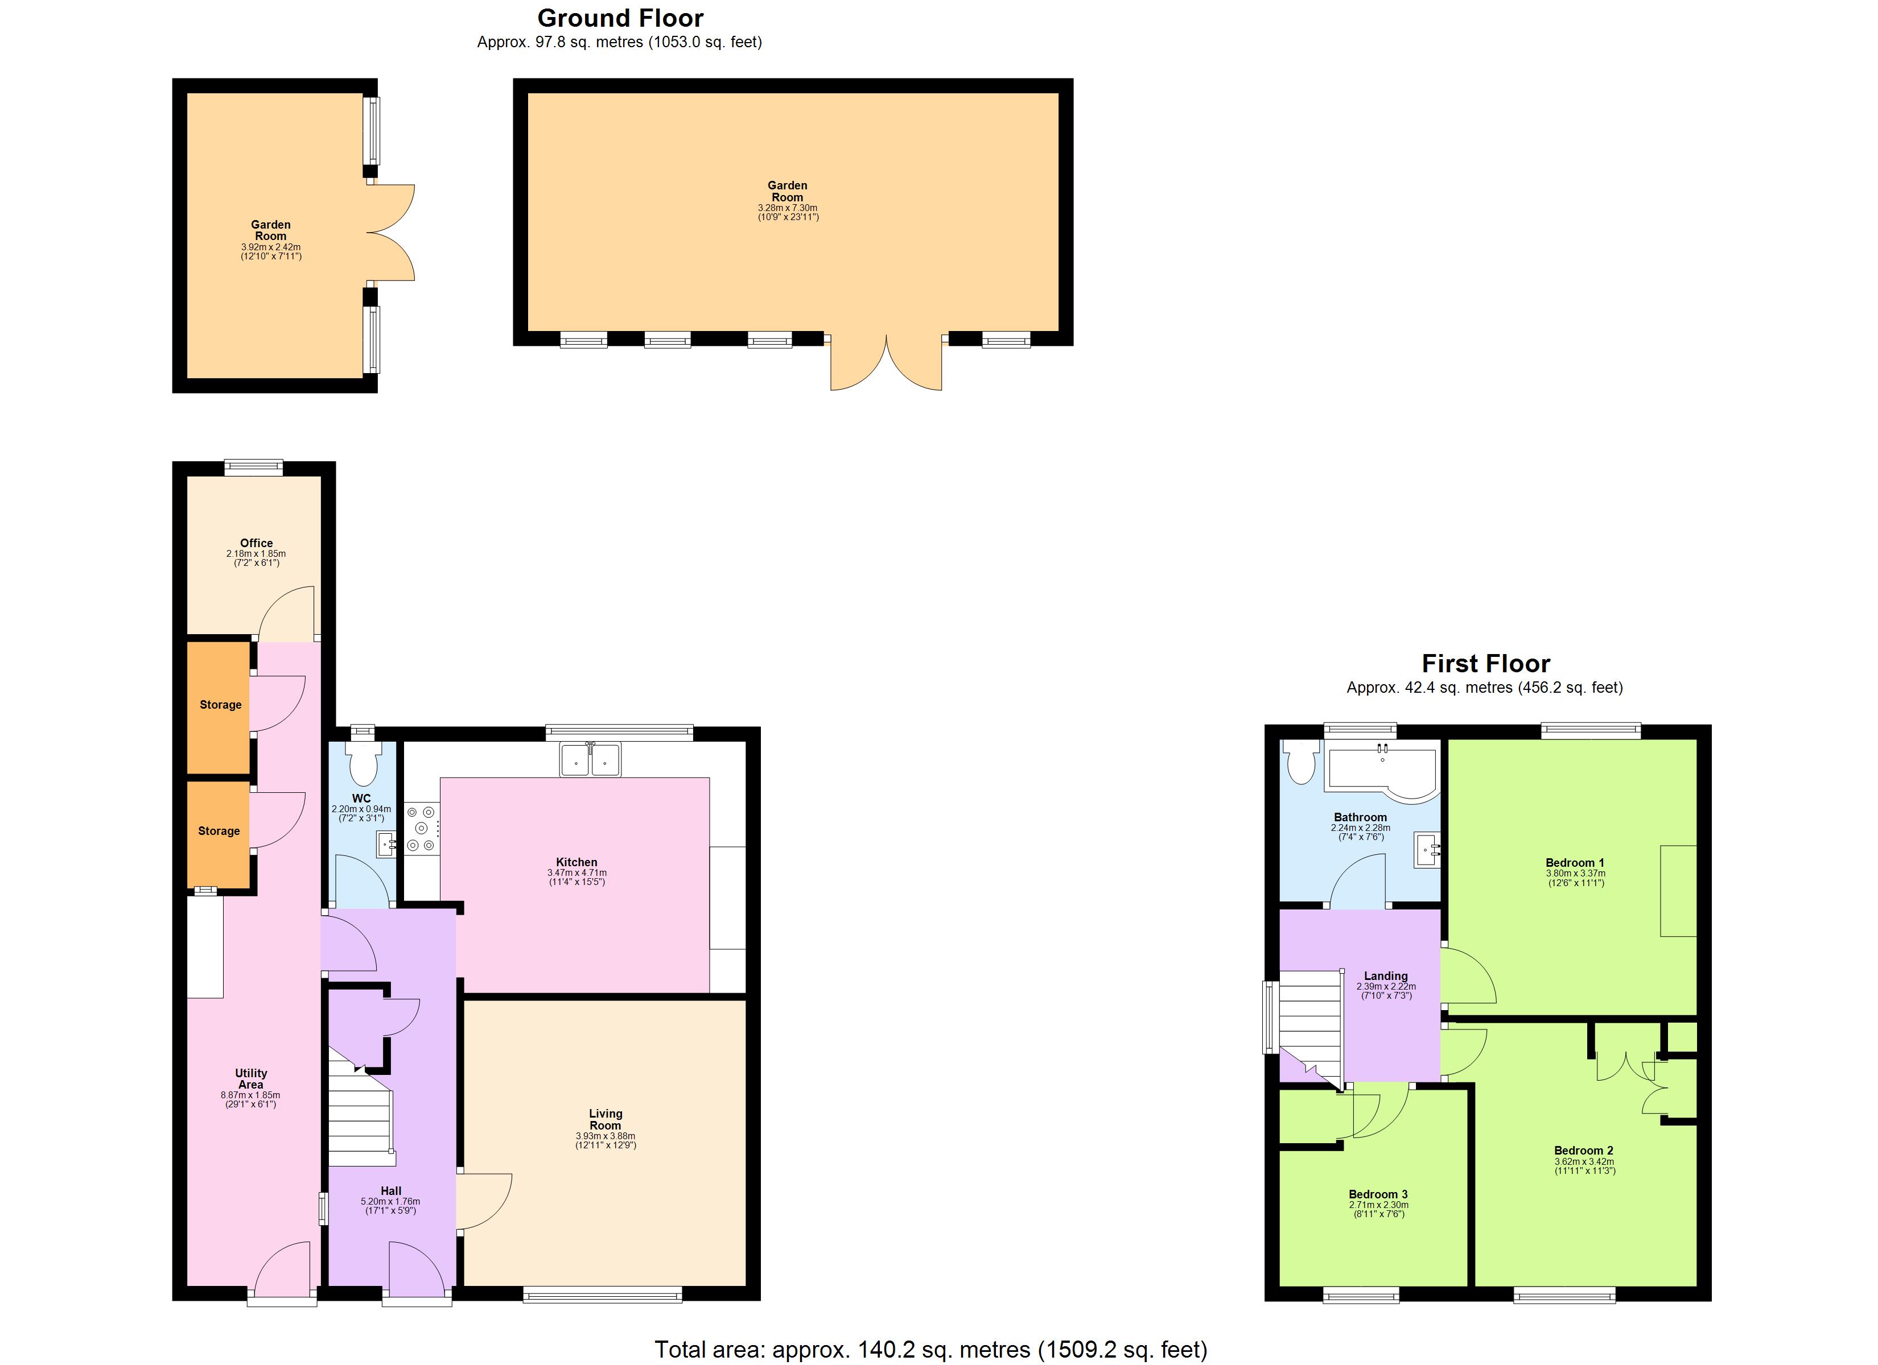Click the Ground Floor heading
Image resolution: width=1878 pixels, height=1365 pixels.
[620, 18]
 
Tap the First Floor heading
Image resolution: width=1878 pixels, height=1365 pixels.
[1485, 663]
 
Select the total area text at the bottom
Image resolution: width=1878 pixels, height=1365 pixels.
[930, 1349]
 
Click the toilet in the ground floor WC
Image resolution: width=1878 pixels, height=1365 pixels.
[362, 763]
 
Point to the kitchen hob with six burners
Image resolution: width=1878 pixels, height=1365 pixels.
[422, 828]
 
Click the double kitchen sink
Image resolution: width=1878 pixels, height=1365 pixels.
[590, 759]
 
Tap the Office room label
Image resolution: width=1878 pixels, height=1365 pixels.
[256, 543]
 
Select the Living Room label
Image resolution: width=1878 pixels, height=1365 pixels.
[606, 1119]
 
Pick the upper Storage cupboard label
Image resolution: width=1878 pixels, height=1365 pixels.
[220, 705]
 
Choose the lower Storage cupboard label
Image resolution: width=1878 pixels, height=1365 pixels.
[219, 830]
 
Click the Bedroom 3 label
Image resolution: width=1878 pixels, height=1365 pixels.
[1378, 1194]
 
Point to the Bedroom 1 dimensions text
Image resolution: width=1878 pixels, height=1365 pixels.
[1575, 878]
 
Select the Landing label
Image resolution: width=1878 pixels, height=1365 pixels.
[1385, 976]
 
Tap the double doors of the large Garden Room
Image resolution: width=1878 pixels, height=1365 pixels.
[886, 364]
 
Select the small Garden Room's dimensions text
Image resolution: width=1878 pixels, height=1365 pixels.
[271, 251]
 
